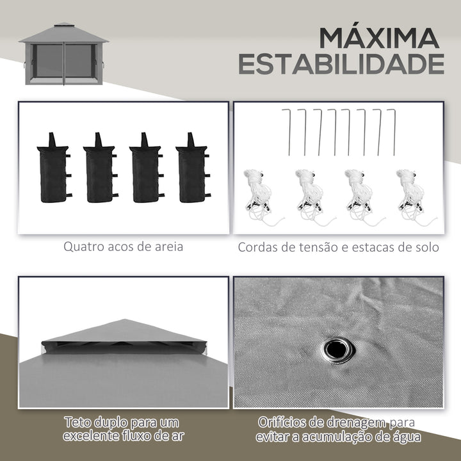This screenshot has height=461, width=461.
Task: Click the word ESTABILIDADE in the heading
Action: click(341, 64)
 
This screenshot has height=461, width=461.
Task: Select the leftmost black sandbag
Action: click(53, 168)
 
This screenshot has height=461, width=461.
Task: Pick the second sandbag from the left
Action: click(99, 168)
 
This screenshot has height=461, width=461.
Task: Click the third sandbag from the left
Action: click(145, 168)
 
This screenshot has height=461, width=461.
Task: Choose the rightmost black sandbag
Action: click(191, 168)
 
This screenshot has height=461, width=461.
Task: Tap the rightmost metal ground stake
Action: click(392, 132)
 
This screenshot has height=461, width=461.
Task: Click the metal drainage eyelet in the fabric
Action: click(337, 349)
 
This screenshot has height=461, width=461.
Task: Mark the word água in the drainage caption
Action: click(406, 437)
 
